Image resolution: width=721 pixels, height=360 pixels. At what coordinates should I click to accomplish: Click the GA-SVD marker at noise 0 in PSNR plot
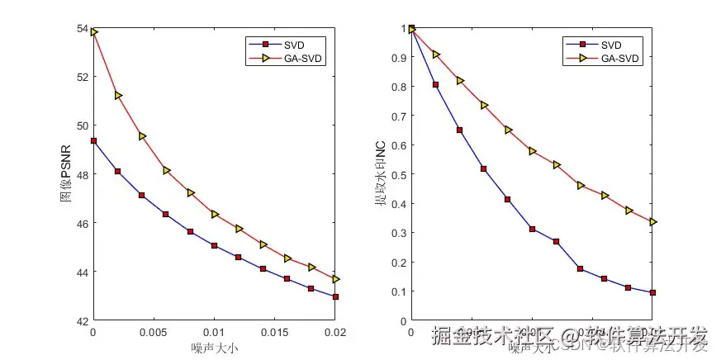94,32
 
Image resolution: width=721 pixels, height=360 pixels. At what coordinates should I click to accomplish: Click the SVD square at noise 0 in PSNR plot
93,140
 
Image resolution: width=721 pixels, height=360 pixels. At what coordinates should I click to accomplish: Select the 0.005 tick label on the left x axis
154,332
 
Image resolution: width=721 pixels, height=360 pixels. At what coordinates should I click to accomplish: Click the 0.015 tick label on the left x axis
275,332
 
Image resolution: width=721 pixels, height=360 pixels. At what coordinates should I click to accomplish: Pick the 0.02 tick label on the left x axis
334,332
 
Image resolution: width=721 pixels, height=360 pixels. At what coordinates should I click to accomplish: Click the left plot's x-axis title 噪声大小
214,348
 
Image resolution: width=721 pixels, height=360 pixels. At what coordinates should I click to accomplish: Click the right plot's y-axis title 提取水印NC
381,174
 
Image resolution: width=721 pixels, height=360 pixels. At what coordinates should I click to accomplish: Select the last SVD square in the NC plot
652,292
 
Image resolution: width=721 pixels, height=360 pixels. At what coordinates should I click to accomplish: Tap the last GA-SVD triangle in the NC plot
652,222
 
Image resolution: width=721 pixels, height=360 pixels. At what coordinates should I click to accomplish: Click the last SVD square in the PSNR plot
335,296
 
